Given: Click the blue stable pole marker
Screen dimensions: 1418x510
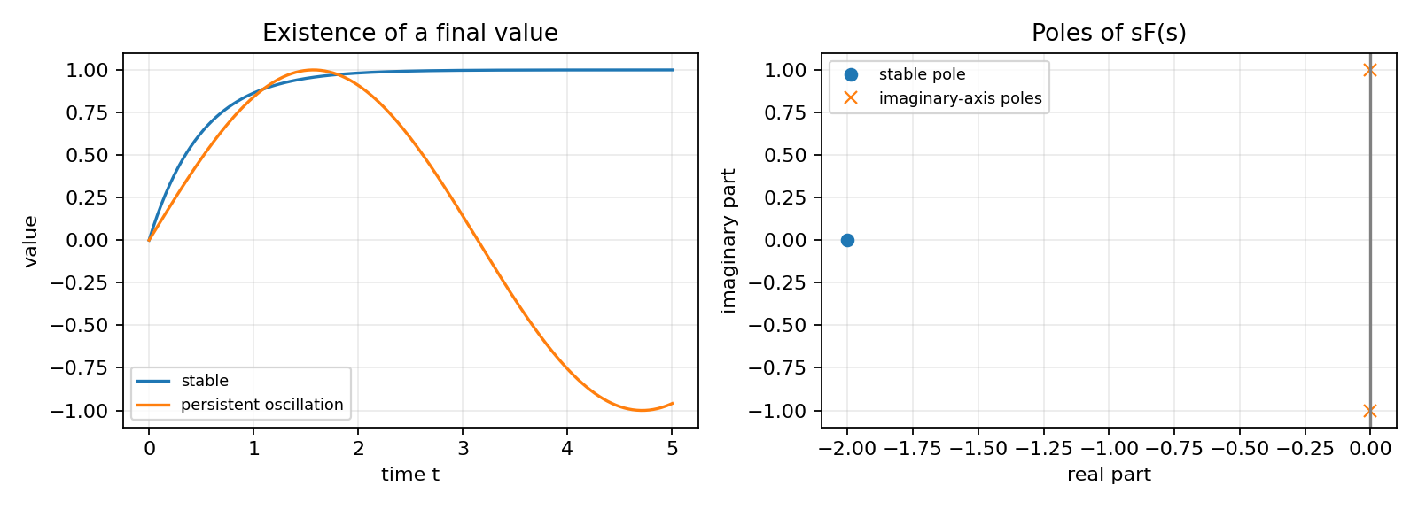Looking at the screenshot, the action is coord(847,241).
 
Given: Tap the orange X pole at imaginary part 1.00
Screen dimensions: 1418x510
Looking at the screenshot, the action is coord(1370,70).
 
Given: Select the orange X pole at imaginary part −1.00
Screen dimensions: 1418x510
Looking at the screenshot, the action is coord(1370,411).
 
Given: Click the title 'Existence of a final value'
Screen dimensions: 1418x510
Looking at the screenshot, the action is coord(410,33).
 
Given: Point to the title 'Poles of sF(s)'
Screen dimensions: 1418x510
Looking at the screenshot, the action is coord(1109,33).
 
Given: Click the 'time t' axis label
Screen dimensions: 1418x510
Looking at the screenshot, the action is coord(410,475).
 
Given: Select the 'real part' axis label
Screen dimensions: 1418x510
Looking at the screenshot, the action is coord(1109,475).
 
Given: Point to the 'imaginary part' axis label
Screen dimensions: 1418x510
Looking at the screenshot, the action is coord(728,241).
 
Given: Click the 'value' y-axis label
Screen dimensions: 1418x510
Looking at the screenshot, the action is coord(30,241).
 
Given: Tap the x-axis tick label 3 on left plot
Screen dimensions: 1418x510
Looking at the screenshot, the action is coord(463,449).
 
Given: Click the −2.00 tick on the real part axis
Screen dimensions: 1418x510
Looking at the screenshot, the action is coord(847,449).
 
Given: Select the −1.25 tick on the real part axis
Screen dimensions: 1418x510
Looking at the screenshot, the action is coord(1044,449).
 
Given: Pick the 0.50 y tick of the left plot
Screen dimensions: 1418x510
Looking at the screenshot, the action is coord(88,155).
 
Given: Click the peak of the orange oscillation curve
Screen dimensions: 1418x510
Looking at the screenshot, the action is coord(313,70).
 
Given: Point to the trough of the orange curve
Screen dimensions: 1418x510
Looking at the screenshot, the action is coord(642,410).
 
